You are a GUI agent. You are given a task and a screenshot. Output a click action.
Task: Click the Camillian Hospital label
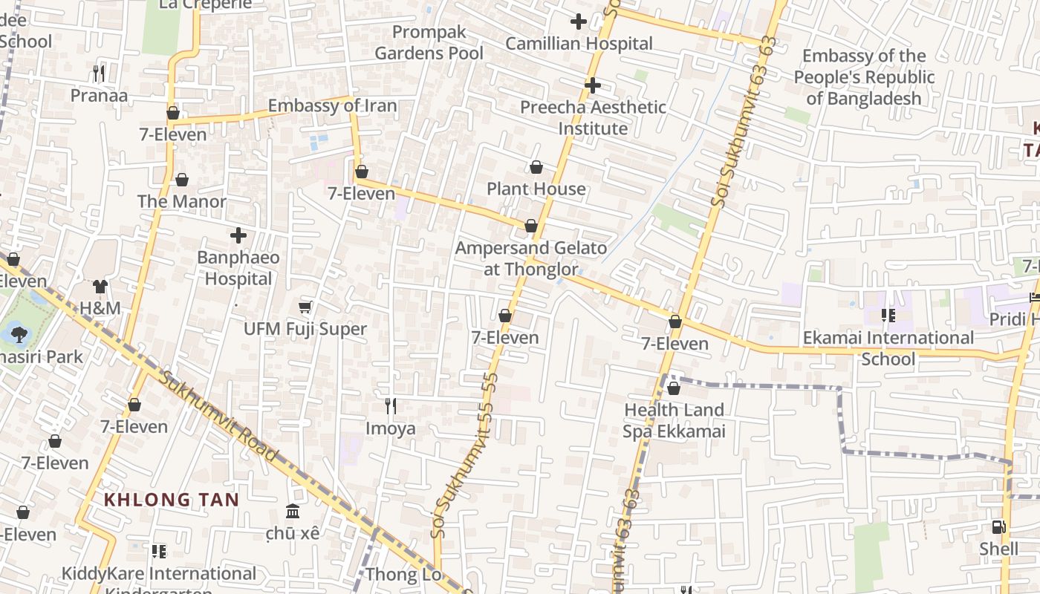pyautogui.click(x=579, y=44)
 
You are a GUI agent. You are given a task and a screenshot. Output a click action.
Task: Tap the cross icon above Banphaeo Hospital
pyautogui.click(x=238, y=236)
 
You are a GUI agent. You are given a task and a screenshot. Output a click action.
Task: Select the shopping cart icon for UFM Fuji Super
pyautogui.click(x=305, y=307)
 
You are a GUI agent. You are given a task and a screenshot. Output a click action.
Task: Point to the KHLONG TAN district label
pyautogui.click(x=172, y=500)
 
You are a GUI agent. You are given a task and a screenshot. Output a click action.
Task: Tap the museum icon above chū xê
pyautogui.click(x=293, y=512)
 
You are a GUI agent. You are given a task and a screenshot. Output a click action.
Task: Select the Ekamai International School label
pyautogui.click(x=888, y=348)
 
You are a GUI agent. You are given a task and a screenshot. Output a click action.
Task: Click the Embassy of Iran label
pyautogui.click(x=332, y=105)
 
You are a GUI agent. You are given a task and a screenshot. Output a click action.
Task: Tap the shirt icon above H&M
pyautogui.click(x=100, y=286)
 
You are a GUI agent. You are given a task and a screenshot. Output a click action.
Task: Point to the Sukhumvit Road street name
pyautogui.click(x=218, y=416)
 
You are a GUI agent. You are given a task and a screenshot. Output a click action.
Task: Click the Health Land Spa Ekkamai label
pyautogui.click(x=674, y=420)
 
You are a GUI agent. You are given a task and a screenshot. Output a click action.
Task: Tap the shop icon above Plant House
pyautogui.click(x=536, y=167)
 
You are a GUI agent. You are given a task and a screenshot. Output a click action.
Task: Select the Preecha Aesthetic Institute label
pyautogui.click(x=593, y=117)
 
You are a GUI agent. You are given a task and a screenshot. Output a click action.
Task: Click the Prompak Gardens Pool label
pyautogui.click(x=429, y=42)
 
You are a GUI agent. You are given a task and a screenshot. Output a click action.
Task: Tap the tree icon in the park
pyautogui.click(x=19, y=334)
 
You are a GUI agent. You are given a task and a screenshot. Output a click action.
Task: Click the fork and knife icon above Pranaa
pyautogui.click(x=99, y=73)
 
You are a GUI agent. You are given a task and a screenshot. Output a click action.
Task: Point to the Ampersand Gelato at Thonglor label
pyautogui.click(x=530, y=258)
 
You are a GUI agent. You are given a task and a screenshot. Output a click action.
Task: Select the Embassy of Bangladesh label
pyautogui.click(x=864, y=77)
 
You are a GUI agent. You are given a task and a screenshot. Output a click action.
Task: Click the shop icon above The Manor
pyautogui.click(x=182, y=180)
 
